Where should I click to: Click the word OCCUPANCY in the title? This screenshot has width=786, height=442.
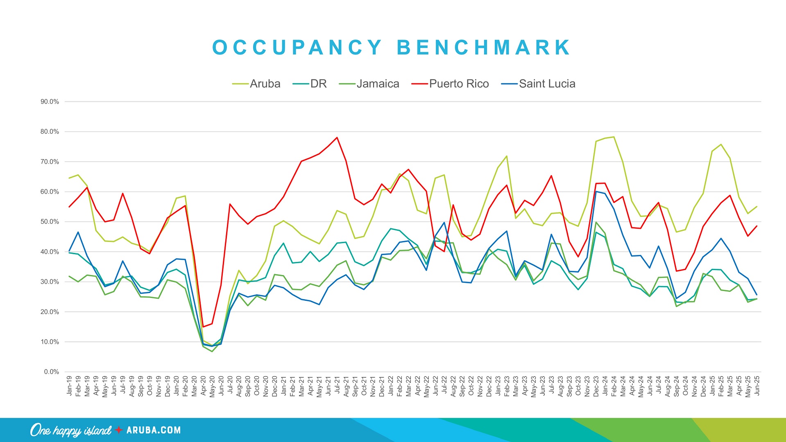pos(297,47)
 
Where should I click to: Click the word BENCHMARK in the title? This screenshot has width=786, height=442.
pos(483,47)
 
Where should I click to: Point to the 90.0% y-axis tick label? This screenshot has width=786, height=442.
pos(50,102)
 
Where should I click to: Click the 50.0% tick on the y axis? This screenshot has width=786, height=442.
pos(50,222)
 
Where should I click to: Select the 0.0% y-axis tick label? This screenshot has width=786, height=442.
pos(51,372)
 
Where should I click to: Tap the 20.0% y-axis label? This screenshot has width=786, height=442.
pos(50,312)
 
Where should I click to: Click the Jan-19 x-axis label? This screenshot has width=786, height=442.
pos(69,386)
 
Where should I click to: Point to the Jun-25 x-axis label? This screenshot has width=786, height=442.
pos(757,386)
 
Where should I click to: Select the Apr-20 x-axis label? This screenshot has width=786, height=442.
pos(203,386)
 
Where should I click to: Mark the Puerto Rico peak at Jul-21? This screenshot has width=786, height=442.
pos(337,138)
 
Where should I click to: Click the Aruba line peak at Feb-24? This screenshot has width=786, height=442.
pos(614,137)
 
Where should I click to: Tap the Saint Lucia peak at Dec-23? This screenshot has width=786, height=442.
pos(596,192)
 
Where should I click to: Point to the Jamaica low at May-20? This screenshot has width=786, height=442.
pos(212,352)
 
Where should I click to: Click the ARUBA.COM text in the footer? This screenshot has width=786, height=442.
pos(154,430)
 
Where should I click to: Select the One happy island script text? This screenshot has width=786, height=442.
pos(70,431)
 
